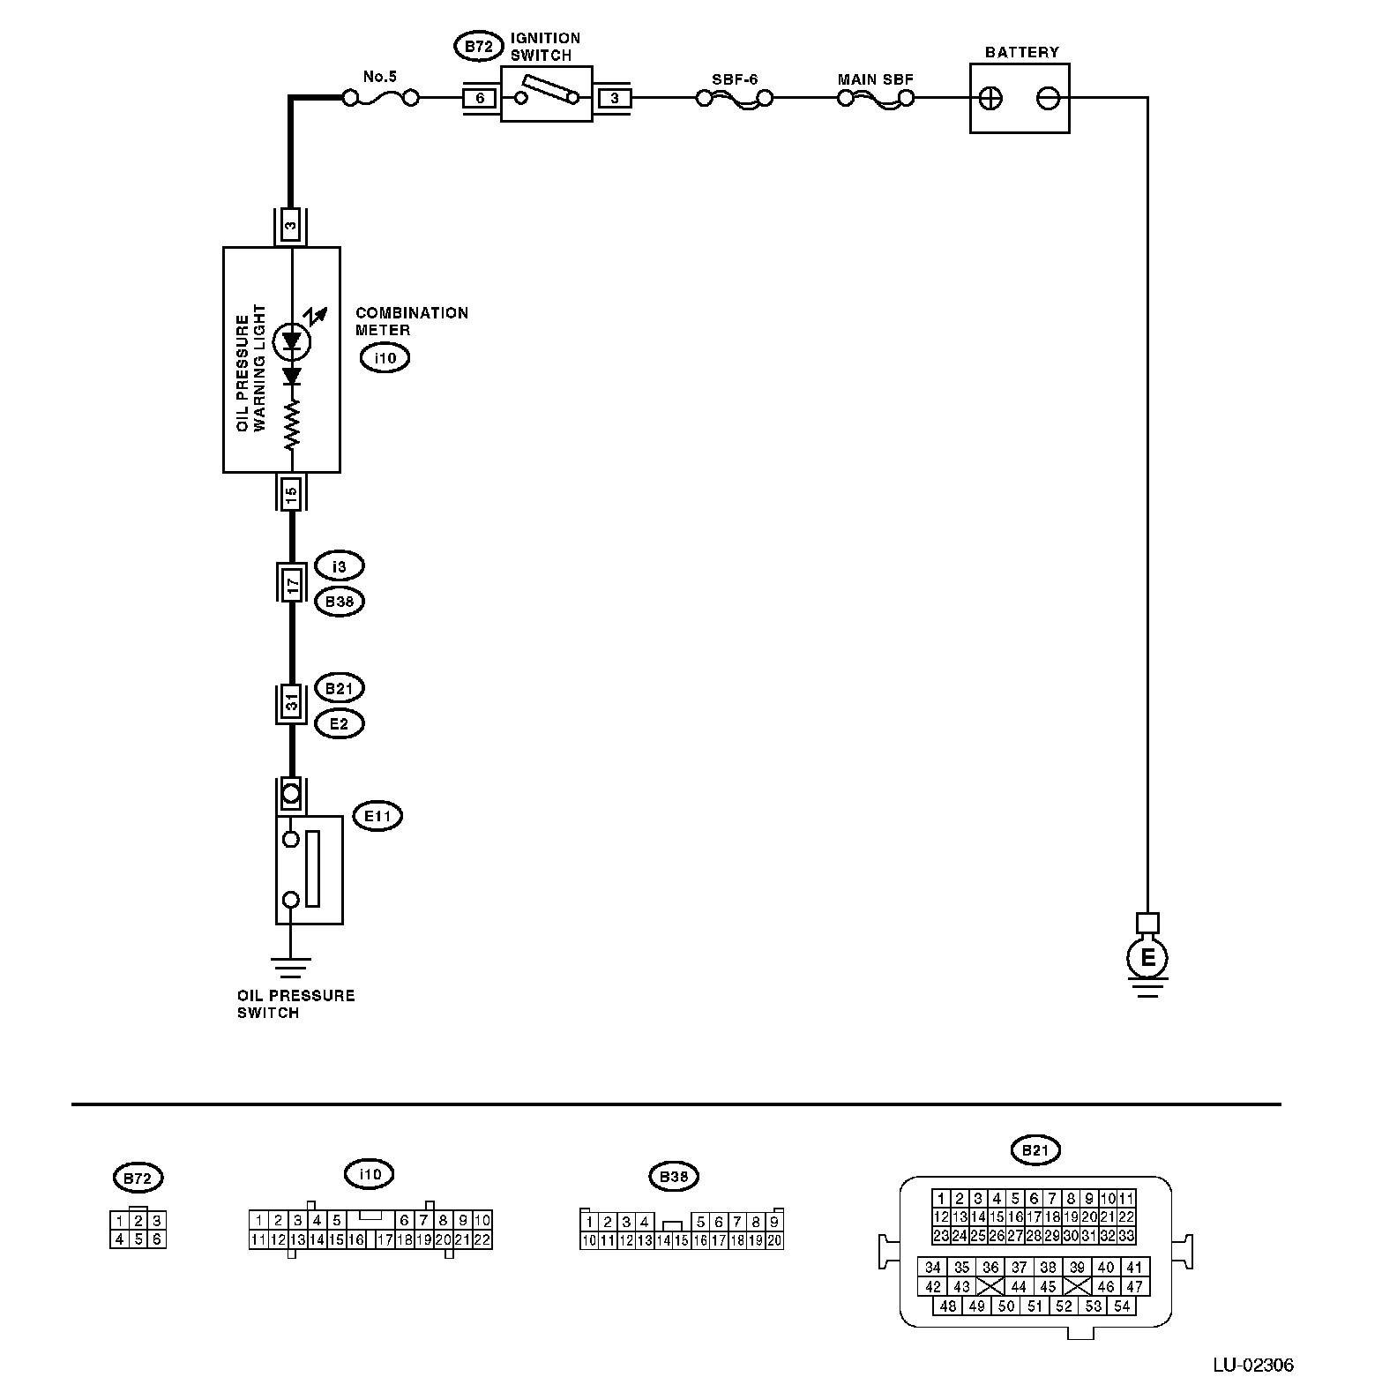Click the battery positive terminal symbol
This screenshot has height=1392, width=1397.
[991, 99]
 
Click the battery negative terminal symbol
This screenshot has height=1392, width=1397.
[1048, 99]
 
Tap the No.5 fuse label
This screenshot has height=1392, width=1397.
[380, 77]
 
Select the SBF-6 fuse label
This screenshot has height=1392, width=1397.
[735, 79]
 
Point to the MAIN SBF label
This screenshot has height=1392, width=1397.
[875, 79]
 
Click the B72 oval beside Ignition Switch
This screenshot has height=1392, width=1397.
[478, 47]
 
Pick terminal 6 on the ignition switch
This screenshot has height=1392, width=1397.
[480, 98]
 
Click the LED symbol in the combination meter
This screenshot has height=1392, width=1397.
[291, 342]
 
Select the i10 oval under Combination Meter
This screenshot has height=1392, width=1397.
[385, 358]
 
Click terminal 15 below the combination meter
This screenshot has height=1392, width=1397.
[291, 492]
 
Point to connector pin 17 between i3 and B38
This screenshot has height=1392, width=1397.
[291, 583]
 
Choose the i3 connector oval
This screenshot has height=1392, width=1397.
[340, 566]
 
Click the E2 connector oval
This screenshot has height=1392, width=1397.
[340, 724]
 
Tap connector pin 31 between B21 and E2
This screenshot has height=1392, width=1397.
[291, 704]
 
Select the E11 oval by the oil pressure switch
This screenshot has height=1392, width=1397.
[377, 817]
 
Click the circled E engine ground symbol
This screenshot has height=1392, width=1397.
[1147, 958]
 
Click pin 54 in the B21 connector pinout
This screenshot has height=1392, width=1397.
[1122, 1306]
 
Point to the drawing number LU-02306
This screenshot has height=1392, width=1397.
[1252, 1366]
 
